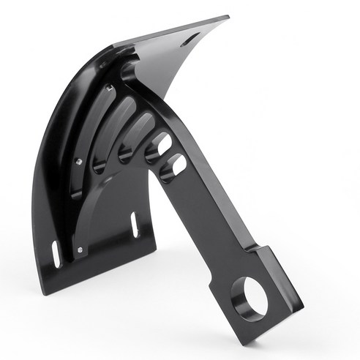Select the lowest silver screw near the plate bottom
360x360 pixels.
79,250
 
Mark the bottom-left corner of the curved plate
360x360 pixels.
40,293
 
